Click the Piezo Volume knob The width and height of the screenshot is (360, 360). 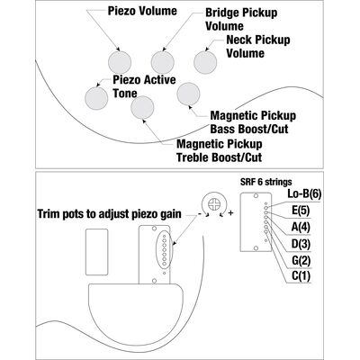tap(120, 63)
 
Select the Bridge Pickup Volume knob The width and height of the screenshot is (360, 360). tap(163, 63)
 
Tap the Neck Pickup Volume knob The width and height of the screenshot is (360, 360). tap(205, 62)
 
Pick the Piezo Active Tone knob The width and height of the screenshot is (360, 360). tap(96, 98)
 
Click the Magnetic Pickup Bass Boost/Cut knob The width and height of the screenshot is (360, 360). tap(188, 94)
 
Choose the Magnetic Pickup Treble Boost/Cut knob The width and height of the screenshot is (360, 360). tap(142, 107)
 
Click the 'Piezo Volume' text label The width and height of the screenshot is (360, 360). tap(142, 11)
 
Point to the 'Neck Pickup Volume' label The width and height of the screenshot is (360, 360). tap(258, 47)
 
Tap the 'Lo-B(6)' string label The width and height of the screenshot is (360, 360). tap(304, 194)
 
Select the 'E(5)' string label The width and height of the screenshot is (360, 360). tap(301, 211)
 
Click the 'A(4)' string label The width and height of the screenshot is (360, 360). tap(301, 227)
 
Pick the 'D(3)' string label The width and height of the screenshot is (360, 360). tap(301, 244)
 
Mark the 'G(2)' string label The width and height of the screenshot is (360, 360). tap(301, 260)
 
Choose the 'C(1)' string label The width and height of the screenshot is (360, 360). tap(301, 276)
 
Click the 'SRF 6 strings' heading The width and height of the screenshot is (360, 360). tap(265, 182)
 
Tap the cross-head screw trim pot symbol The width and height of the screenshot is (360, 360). tap(214, 205)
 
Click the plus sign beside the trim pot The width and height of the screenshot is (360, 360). tap(230, 213)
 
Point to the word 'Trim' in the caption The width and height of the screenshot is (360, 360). tap(49, 214)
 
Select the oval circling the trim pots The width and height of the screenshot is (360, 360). tap(165, 249)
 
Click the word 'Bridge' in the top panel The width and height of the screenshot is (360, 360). tap(222, 13)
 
